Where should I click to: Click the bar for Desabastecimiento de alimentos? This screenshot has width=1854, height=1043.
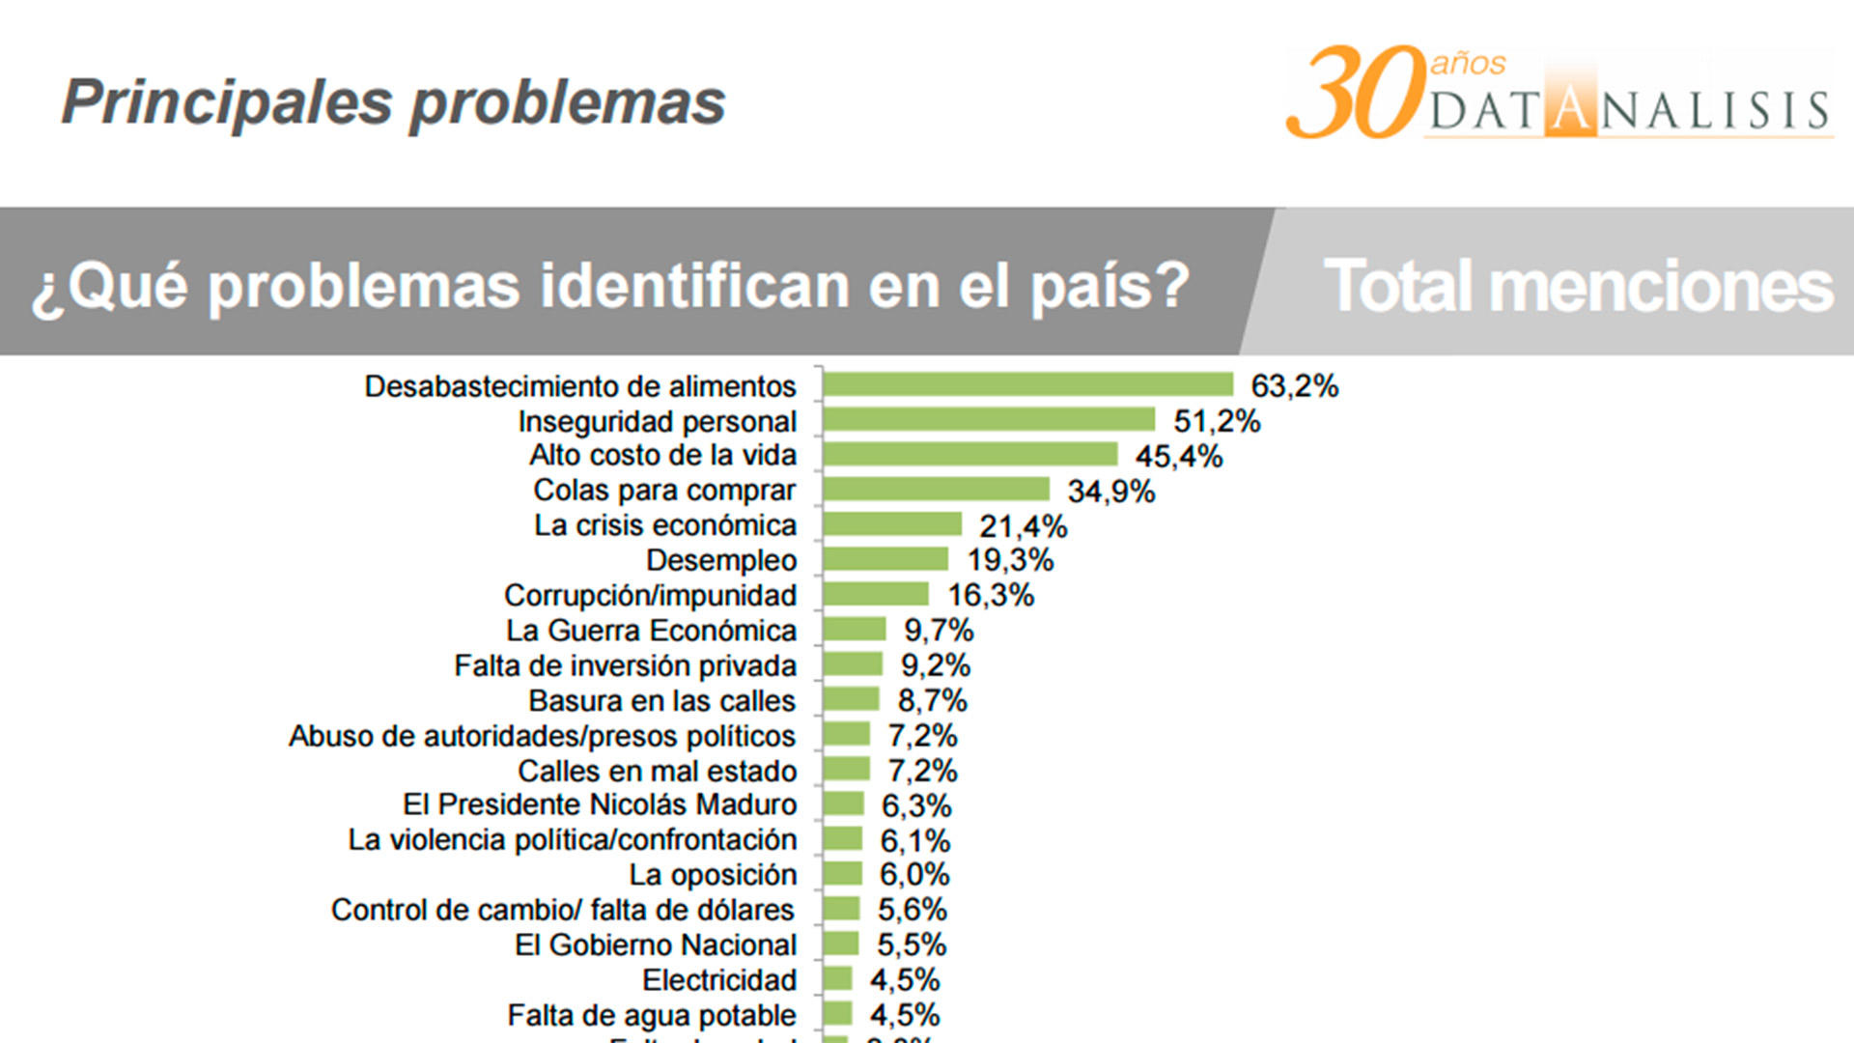click(x=1028, y=384)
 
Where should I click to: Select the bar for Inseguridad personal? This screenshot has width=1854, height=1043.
click(x=989, y=419)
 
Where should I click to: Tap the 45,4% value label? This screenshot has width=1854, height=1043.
click(x=1178, y=456)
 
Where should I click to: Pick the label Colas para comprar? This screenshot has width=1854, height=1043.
click(x=664, y=491)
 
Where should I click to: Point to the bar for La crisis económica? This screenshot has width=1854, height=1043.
click(x=892, y=524)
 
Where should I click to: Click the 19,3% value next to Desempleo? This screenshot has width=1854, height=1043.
click(x=1010, y=560)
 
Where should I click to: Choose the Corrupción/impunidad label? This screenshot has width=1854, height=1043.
click(x=650, y=596)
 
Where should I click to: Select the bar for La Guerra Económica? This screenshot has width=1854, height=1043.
click(x=855, y=630)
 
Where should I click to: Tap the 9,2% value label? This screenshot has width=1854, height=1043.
click(x=935, y=665)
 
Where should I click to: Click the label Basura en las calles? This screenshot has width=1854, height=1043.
click(x=661, y=701)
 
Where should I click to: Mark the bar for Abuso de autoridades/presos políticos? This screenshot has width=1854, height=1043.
click(x=847, y=735)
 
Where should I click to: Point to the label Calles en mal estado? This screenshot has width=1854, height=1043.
click(x=657, y=772)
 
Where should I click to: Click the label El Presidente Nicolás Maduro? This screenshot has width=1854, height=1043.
click(x=600, y=805)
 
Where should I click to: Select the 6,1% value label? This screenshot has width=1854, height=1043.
click(x=914, y=841)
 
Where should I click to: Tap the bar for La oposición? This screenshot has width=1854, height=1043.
click(x=843, y=874)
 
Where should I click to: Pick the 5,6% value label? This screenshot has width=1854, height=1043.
click(x=912, y=910)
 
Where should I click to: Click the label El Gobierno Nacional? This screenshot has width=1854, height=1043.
click(x=656, y=945)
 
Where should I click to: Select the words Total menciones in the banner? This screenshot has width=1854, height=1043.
click(x=1578, y=287)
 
